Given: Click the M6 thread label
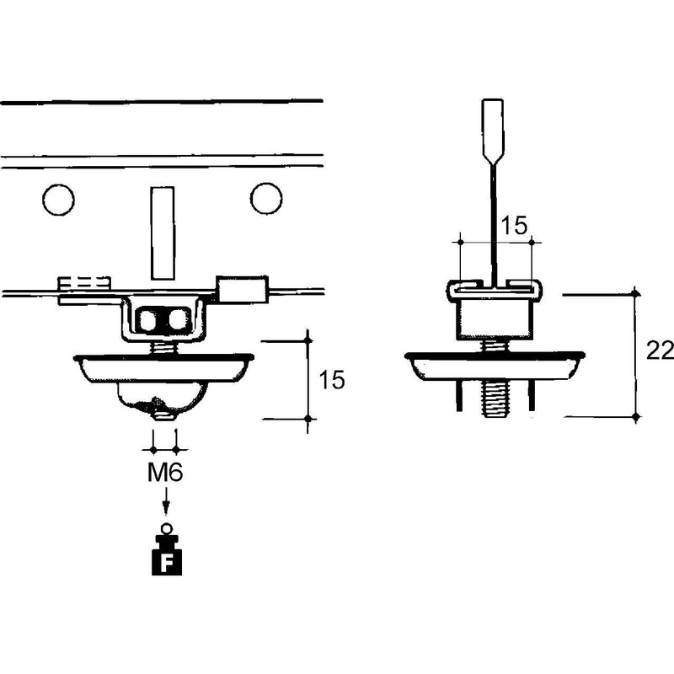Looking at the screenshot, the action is click(x=165, y=473).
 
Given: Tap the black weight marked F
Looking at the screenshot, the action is click(x=167, y=554).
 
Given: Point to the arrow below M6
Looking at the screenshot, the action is click(x=165, y=500).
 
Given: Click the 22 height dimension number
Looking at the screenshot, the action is click(x=660, y=351).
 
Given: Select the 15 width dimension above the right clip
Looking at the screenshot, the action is click(x=514, y=225).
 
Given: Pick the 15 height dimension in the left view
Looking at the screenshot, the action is click(x=331, y=380).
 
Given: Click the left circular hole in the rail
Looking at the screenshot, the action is click(x=58, y=200).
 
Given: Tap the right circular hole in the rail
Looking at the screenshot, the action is click(x=266, y=199).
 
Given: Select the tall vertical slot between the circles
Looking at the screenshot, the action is click(x=163, y=233).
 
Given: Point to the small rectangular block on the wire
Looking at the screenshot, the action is click(x=242, y=289).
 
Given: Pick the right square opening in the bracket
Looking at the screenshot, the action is click(x=178, y=320).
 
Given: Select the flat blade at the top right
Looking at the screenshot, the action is click(x=493, y=132).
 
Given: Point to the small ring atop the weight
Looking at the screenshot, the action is click(x=166, y=528).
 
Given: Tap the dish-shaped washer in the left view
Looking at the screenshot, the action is click(x=163, y=368).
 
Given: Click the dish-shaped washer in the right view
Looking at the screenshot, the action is click(x=495, y=366).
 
